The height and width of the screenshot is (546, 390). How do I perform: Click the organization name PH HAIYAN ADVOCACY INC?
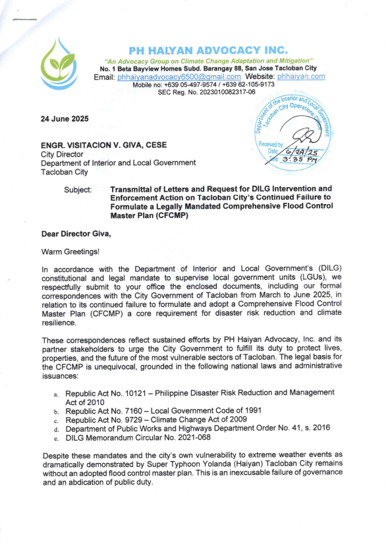point(208,50)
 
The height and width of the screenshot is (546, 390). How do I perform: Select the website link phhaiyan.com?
point(301,77)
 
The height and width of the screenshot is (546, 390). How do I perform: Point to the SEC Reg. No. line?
point(206,93)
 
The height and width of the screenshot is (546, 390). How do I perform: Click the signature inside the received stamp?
point(304,136)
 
